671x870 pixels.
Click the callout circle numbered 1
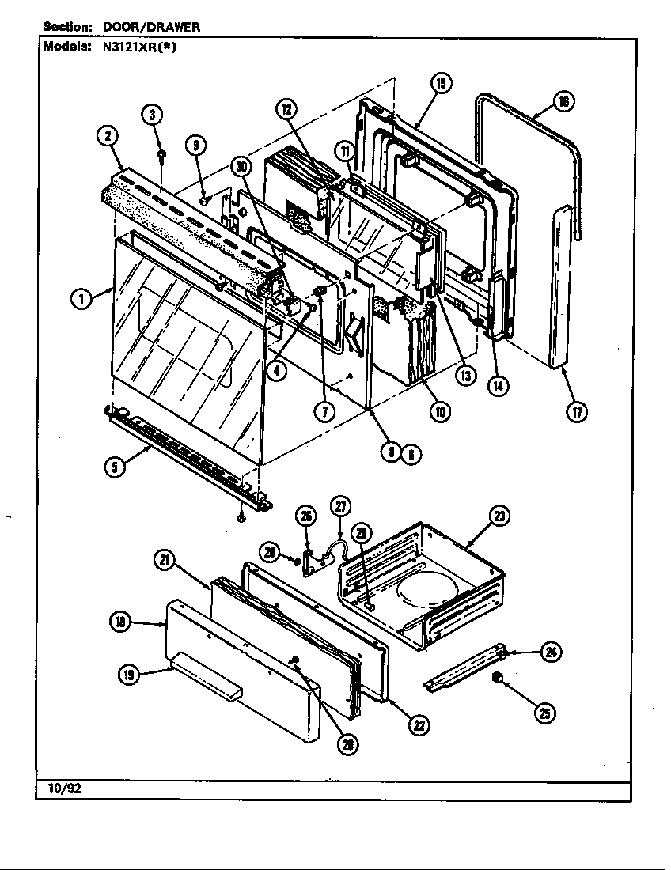[x=80, y=298]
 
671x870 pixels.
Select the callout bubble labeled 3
[x=154, y=115]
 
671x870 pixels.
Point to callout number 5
[x=116, y=467]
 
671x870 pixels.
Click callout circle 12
[x=287, y=110]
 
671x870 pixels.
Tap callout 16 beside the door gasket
[x=563, y=101]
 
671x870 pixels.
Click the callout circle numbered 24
[x=550, y=652]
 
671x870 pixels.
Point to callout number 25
[x=544, y=713]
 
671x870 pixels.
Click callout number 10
[x=440, y=410]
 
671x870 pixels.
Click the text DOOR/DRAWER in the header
[x=152, y=26]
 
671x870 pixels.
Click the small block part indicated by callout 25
[x=499, y=676]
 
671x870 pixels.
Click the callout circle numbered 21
[x=164, y=560]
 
